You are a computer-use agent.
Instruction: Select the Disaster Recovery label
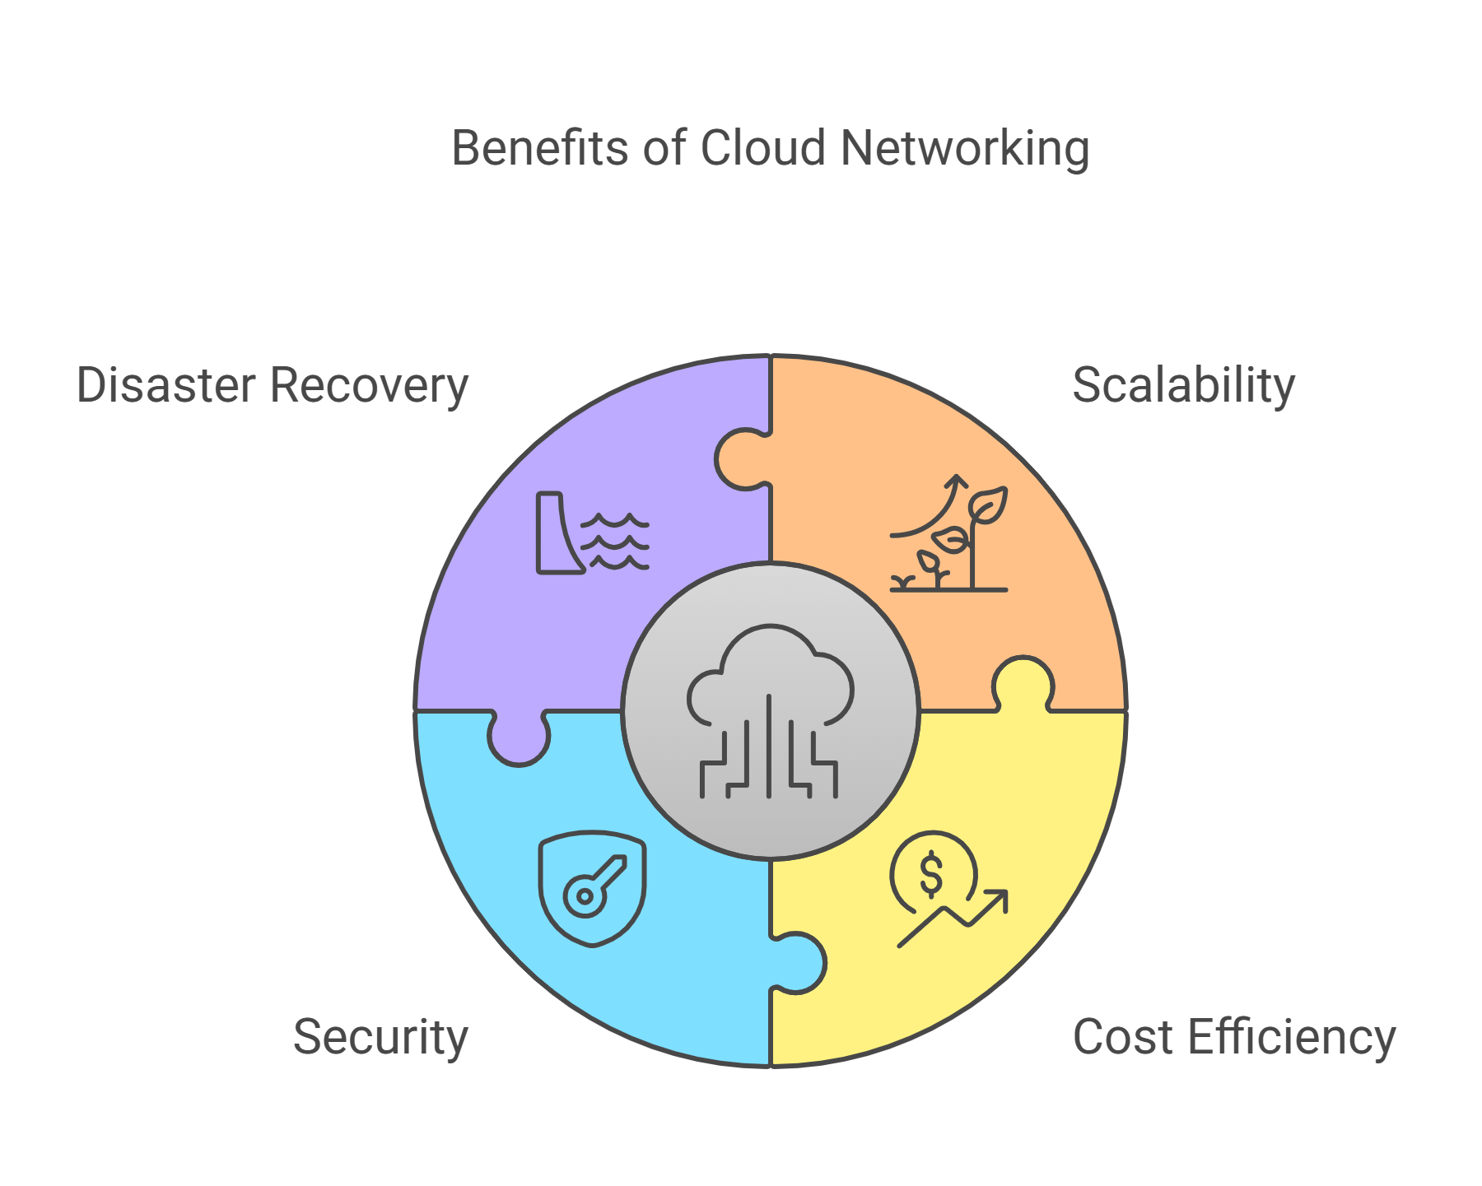pos(272,385)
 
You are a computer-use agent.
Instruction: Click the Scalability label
pos(1183,385)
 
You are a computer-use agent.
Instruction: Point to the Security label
pos(380,1036)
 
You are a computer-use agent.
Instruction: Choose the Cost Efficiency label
pos(1233,1036)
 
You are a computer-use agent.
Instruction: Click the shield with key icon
pos(592,889)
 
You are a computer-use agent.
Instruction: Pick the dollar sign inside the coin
pos(931,874)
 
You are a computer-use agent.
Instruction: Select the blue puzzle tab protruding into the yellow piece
pos(797,963)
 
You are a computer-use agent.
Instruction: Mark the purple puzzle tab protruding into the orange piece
pos(743,459)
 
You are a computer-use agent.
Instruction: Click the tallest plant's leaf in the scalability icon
pos(988,505)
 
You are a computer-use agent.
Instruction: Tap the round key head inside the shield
pos(585,896)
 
